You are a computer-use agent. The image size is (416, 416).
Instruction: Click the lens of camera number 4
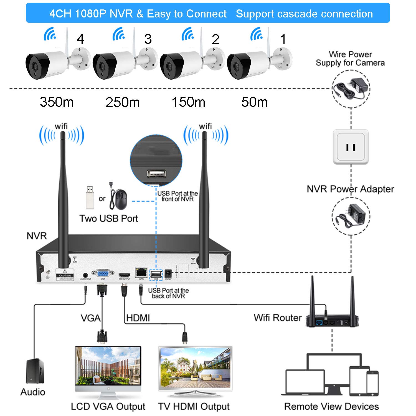coord(35,67)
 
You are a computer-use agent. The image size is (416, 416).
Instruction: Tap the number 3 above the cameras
coord(148,39)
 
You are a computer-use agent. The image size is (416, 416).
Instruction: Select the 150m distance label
coord(189,102)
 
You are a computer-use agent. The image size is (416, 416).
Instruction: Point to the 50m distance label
coord(254,102)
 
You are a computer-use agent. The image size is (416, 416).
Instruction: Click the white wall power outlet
coord(351,147)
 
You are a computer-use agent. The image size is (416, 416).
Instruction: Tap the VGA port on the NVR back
coord(103,273)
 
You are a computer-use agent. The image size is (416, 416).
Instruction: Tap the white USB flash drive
coord(90,197)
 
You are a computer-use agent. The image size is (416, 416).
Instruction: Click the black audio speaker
coord(35,371)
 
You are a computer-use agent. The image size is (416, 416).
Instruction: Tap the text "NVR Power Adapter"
coord(350,189)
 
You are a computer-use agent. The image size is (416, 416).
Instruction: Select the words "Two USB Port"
coord(109,219)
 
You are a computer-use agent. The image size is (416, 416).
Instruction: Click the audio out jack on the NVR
coord(85,275)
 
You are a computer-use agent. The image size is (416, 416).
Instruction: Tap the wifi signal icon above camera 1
coord(257,34)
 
